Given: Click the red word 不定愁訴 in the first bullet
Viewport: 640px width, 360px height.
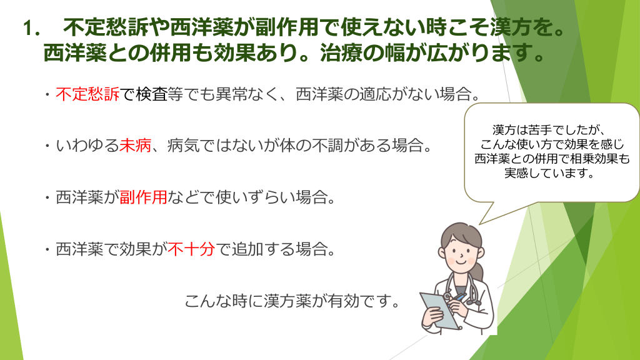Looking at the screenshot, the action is pyautogui.click(x=87, y=94).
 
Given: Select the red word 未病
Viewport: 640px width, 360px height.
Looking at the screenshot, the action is pyautogui.click(x=135, y=145).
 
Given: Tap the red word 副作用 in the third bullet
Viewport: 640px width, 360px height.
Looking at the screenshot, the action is pyautogui.click(x=143, y=197).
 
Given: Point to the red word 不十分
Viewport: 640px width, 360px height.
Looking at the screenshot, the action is pyautogui.click(x=191, y=249).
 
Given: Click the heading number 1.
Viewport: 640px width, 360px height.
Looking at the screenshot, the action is pyautogui.click(x=31, y=29).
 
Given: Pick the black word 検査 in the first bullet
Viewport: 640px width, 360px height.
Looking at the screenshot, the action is pyautogui.click(x=151, y=94).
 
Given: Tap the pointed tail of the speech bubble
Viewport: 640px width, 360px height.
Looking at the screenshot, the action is pyautogui.click(x=481, y=224).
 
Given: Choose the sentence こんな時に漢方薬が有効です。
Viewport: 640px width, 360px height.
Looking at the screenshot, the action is pyautogui.click(x=292, y=301).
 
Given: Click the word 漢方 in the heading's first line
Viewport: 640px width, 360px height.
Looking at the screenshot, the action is pyautogui.click(x=511, y=29).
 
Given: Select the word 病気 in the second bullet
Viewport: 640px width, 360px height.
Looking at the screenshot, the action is pyautogui.click(x=183, y=145).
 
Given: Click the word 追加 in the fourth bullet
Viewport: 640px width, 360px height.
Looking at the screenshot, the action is pyautogui.click(x=247, y=249).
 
